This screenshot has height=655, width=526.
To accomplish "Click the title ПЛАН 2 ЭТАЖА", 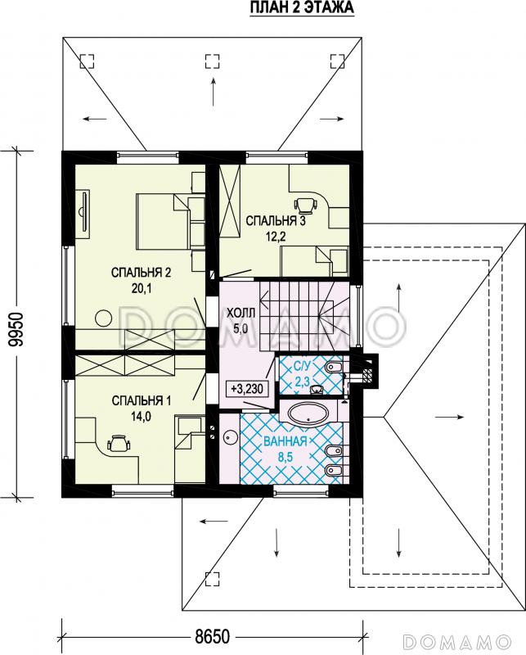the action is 302,7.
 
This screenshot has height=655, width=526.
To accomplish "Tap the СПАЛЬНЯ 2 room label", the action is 141,273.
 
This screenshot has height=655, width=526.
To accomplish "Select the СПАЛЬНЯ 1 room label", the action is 141,401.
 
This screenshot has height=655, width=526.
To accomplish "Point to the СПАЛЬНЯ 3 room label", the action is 276,221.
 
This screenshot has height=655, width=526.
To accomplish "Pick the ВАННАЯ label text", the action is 285,441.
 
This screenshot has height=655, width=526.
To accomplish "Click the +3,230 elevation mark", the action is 247,389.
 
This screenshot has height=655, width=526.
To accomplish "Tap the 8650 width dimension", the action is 213,637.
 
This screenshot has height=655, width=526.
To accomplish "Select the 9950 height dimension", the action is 16,329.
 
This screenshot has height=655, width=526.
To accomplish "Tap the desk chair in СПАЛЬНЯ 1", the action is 119,443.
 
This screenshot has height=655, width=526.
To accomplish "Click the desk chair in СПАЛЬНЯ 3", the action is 306,204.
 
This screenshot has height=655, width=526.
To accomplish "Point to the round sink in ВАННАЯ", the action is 230,437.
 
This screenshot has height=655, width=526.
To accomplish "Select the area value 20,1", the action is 141,289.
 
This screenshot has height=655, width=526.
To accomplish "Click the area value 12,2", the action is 276,237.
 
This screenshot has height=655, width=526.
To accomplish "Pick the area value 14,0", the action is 141,417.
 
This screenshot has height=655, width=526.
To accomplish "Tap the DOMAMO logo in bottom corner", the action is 457,642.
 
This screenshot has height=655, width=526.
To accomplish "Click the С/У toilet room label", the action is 302,366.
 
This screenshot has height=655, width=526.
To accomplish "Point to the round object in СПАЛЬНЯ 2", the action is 104,318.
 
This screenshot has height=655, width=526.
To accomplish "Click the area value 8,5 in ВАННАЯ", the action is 285,457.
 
